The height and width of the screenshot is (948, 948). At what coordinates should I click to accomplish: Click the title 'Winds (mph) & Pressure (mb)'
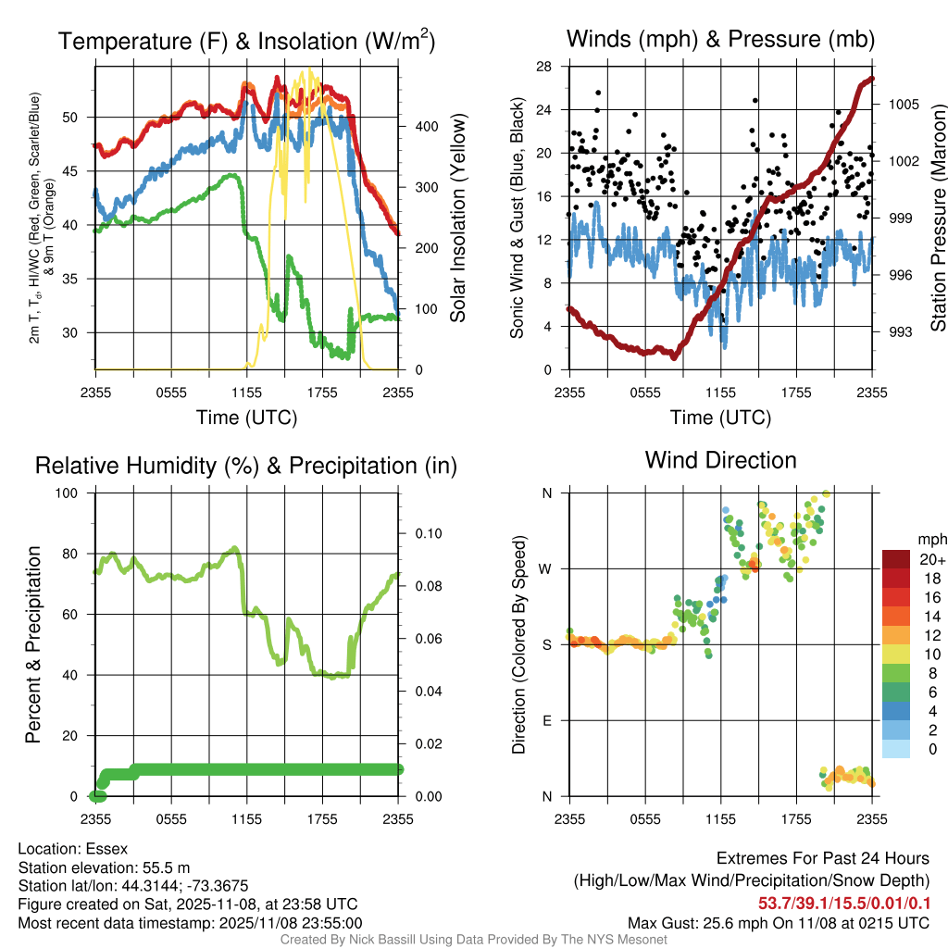click(720, 39)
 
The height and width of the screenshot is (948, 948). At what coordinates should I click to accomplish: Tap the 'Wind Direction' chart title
click(720, 460)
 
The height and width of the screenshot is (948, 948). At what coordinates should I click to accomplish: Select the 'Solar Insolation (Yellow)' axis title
click(457, 218)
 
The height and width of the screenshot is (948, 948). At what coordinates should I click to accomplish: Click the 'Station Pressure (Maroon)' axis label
click(938, 218)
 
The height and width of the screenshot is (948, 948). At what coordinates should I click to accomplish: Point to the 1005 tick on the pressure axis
click(902, 105)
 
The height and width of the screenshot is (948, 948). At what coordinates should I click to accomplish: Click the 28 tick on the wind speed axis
click(545, 67)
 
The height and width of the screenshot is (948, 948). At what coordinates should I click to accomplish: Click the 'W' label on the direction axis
click(546, 568)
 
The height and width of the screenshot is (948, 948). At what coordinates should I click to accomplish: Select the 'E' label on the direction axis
click(546, 720)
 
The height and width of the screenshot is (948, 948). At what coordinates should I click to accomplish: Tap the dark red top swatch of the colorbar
click(896, 559)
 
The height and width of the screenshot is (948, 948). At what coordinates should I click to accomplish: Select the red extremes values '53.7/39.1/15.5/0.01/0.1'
click(843, 903)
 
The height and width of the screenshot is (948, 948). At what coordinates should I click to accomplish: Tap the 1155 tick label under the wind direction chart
click(720, 818)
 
